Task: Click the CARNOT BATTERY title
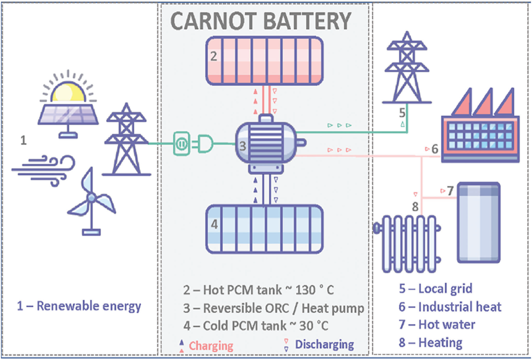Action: [x=261, y=21]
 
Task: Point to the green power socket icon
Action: [x=181, y=144]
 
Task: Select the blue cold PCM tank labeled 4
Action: [x=265, y=229]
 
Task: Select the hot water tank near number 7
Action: [x=478, y=223]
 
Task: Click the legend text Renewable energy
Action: [x=79, y=306]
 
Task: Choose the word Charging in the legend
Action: [x=211, y=345]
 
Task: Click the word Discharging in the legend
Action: [x=324, y=345]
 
